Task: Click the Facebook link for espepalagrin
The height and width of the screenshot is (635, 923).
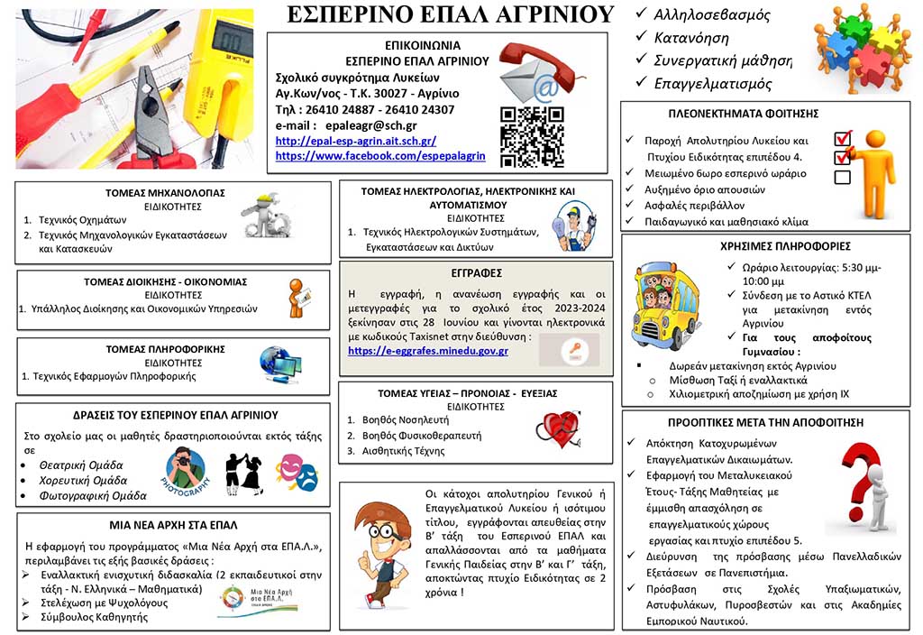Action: pyautogui.click(x=379, y=156)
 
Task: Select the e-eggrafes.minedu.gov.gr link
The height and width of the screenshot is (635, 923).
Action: pyautogui.click(x=427, y=351)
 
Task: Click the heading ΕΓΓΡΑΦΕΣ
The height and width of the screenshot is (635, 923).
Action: pyautogui.click(x=477, y=272)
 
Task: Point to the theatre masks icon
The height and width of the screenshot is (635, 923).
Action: pyautogui.click(x=297, y=471)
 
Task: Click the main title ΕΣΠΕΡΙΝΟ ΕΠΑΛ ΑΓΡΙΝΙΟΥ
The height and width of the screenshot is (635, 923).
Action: pyautogui.click(x=450, y=14)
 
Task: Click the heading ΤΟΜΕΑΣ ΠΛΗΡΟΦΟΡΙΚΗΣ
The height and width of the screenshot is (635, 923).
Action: pyautogui.click(x=165, y=348)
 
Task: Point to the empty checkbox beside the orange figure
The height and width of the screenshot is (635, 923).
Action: pyautogui.click(x=842, y=177)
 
